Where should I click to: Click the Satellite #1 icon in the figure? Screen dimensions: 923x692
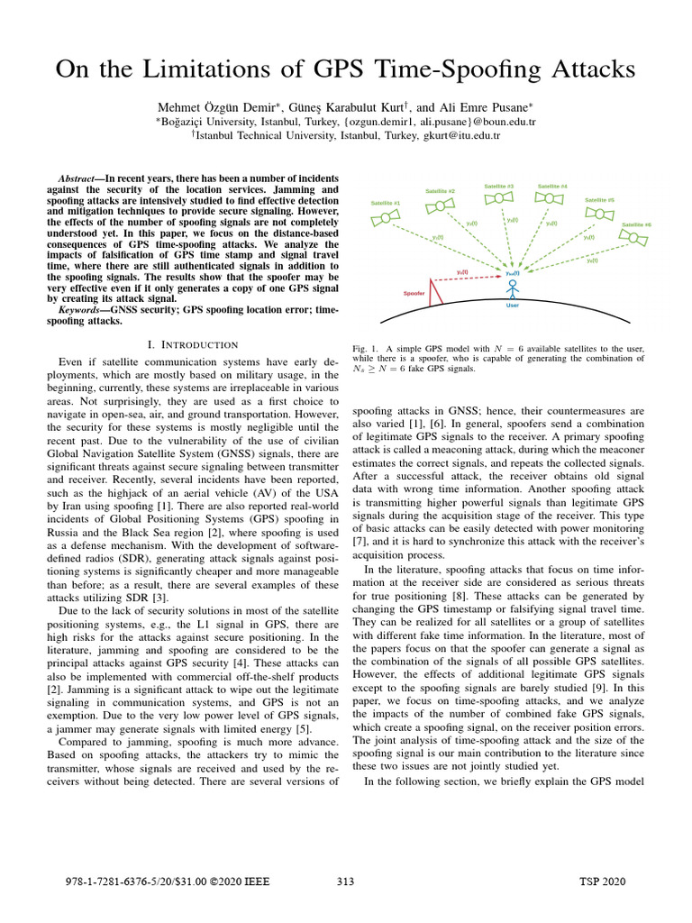pos(386,219)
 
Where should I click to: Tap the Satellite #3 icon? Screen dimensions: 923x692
pos(499,203)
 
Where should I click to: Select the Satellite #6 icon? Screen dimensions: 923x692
pos(636,239)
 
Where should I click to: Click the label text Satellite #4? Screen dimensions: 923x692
pos(552,187)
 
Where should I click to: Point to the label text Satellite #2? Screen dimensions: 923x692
pos(440,191)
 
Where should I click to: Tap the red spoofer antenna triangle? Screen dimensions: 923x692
pos(436,291)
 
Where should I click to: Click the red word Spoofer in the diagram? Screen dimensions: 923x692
pos(414,294)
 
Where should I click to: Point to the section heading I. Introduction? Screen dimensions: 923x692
pos(192,344)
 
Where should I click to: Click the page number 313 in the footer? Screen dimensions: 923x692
pos(345,881)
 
